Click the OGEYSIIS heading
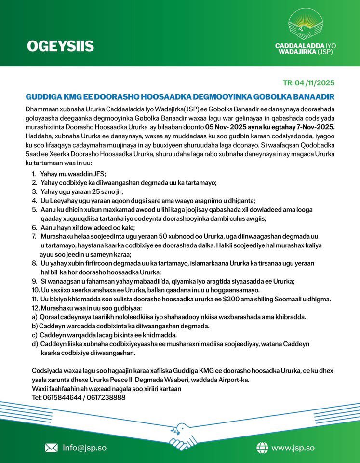(60, 46)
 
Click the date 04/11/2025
(316, 82)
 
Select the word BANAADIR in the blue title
(310, 97)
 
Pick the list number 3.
(34, 191)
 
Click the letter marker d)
(35, 344)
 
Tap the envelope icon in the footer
(51, 448)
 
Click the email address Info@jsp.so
(84, 448)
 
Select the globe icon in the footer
(262, 448)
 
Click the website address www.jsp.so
(293, 448)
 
